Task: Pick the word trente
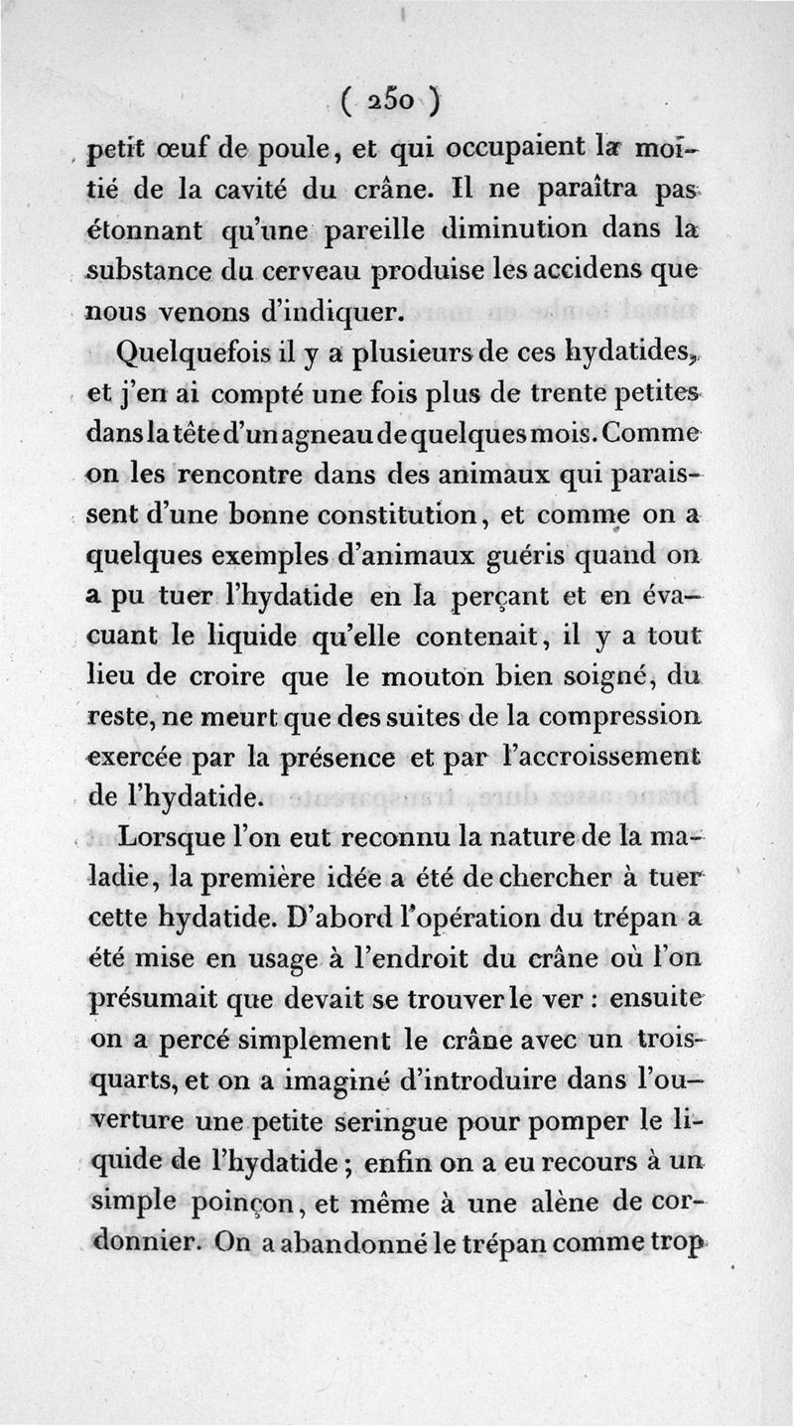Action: (559, 394)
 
